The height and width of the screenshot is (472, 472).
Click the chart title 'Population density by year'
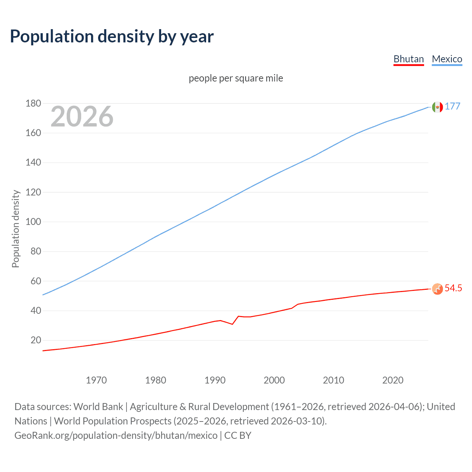point(112,36)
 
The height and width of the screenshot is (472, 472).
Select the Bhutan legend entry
point(409,59)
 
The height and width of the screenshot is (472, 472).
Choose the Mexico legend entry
point(447,59)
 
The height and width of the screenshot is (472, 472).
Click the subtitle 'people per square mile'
point(236,78)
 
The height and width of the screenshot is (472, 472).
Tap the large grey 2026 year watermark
point(82,117)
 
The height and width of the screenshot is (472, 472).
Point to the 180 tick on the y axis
point(33,103)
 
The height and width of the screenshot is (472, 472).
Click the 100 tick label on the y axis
point(33,222)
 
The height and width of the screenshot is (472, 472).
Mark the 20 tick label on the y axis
point(36,340)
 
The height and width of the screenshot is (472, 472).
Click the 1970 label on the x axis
point(96,380)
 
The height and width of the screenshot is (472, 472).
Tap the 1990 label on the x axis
point(215,380)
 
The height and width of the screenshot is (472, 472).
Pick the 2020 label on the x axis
point(393,380)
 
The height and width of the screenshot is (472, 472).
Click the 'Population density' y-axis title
point(15,229)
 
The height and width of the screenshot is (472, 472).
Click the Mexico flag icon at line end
point(437,107)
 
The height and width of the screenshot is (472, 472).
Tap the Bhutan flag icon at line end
point(437,289)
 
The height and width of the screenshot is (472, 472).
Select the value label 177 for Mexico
point(452,106)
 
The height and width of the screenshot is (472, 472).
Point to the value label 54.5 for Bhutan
point(453,288)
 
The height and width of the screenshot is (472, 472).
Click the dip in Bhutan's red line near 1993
point(232,324)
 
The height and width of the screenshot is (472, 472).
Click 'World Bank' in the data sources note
point(98,406)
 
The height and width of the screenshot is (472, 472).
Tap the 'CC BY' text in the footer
point(238,435)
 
